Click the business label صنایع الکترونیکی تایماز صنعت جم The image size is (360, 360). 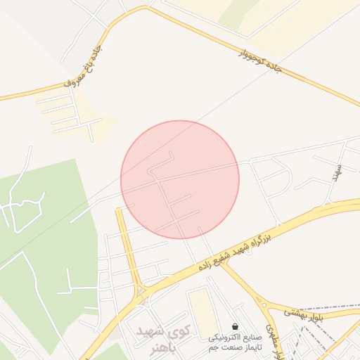pos(234,342)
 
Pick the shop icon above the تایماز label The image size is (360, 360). pos(234,326)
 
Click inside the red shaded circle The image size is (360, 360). pos(180,179)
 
